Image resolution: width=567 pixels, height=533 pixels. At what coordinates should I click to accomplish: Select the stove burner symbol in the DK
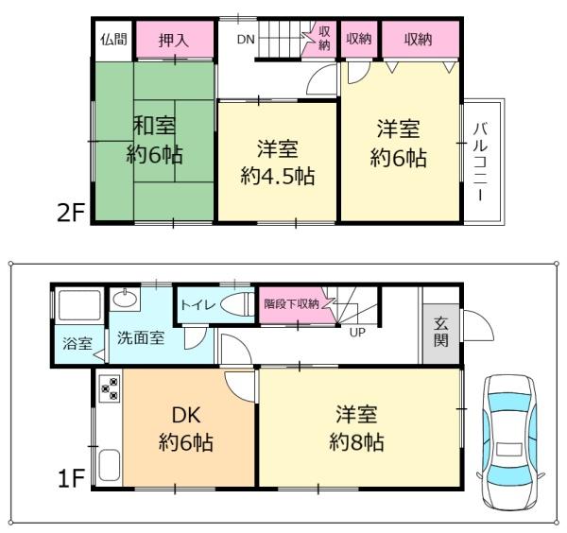(x=108, y=388)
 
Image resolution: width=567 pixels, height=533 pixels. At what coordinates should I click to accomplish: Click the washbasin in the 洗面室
(x=124, y=300)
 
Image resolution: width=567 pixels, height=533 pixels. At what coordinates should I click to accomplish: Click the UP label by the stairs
(x=358, y=333)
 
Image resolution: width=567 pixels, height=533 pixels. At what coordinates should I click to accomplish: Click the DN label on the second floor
(x=245, y=40)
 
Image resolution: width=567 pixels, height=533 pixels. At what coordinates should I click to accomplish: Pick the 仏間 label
(x=112, y=40)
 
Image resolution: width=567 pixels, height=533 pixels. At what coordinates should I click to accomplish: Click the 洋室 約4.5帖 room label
(x=277, y=162)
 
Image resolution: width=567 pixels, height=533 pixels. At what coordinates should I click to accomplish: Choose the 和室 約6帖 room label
(x=155, y=140)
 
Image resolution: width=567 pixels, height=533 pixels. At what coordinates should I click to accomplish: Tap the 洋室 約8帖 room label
(x=357, y=427)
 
